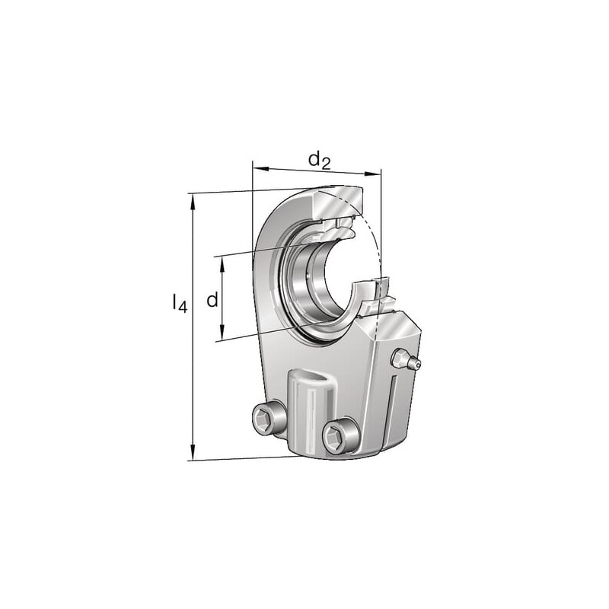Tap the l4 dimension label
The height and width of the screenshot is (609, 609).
(180, 302)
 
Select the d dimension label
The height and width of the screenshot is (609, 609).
(212, 299)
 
